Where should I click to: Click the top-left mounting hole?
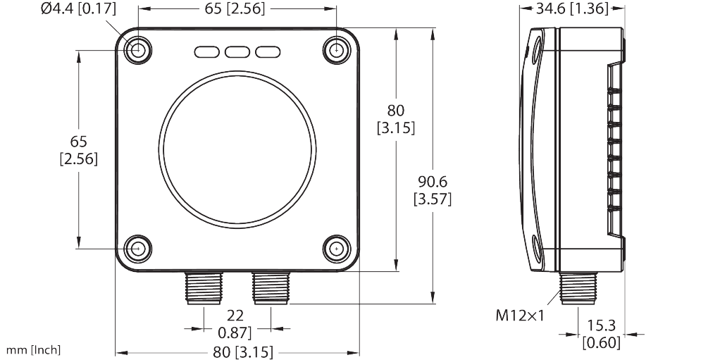pyautogui.click(x=138, y=49)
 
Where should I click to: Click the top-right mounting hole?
pyautogui.click(x=337, y=49)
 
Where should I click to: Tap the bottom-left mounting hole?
pyautogui.click(x=138, y=249)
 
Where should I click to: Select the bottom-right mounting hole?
pyautogui.click(x=337, y=249)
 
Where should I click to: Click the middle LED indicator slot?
pyautogui.click(x=237, y=52)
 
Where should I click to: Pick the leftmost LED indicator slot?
pyautogui.click(x=207, y=52)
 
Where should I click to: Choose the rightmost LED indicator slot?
pyautogui.click(x=268, y=52)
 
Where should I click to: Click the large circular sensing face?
pyautogui.click(x=237, y=149)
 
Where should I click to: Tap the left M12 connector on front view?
pyautogui.click(x=204, y=288)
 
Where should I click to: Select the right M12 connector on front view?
pyautogui.click(x=271, y=288)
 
